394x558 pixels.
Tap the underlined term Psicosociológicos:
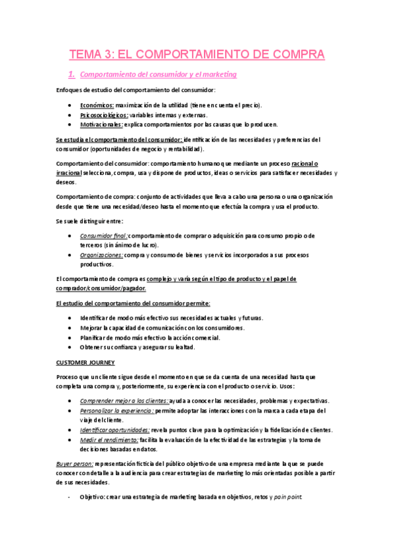click(x=104, y=114)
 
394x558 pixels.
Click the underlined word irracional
click(x=68, y=173)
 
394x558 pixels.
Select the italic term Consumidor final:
click(x=103, y=236)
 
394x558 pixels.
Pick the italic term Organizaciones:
click(x=102, y=255)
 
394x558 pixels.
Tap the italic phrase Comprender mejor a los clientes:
click(x=124, y=401)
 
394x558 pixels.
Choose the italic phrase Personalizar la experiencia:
click(x=117, y=411)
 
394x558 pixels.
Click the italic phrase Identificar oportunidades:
click(x=114, y=430)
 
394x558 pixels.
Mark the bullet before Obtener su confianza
click(x=71, y=347)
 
